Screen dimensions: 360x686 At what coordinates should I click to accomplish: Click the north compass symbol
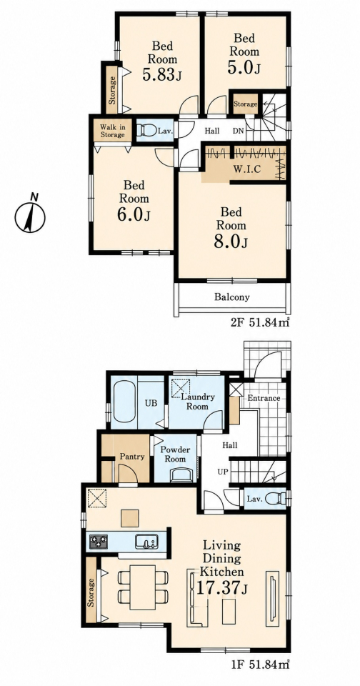click(x=30, y=215)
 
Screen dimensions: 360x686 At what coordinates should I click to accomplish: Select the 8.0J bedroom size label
click(x=231, y=241)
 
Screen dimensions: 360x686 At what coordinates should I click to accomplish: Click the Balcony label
click(x=232, y=297)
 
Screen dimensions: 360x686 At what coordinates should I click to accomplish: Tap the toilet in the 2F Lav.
click(x=144, y=130)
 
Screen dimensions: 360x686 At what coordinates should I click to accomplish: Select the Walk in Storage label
click(x=112, y=131)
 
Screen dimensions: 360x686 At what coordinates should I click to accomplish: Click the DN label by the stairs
click(x=238, y=130)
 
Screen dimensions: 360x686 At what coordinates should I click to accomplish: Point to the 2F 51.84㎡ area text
click(x=260, y=323)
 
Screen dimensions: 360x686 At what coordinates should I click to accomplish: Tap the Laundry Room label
click(x=197, y=402)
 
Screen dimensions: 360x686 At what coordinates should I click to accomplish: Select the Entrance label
click(x=264, y=398)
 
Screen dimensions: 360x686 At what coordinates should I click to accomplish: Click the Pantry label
click(x=132, y=457)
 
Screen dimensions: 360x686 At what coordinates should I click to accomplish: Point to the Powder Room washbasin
click(x=182, y=474)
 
